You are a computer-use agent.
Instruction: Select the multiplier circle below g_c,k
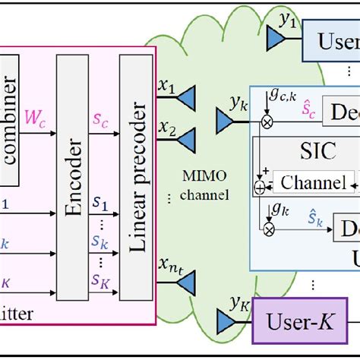tap(267, 121)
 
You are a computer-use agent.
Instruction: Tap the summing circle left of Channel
tap(260, 184)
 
